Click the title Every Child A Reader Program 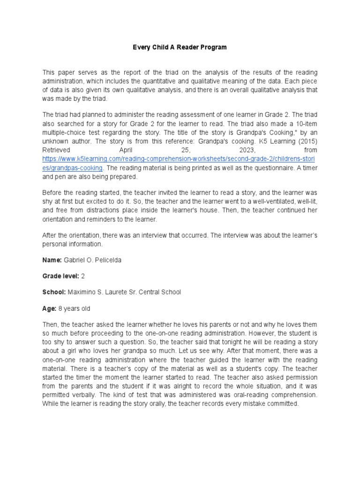(180, 47)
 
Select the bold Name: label (52, 260)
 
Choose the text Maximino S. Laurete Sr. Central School (124, 292)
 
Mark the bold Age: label (49, 308)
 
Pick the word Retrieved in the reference (56, 150)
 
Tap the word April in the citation (128, 150)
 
